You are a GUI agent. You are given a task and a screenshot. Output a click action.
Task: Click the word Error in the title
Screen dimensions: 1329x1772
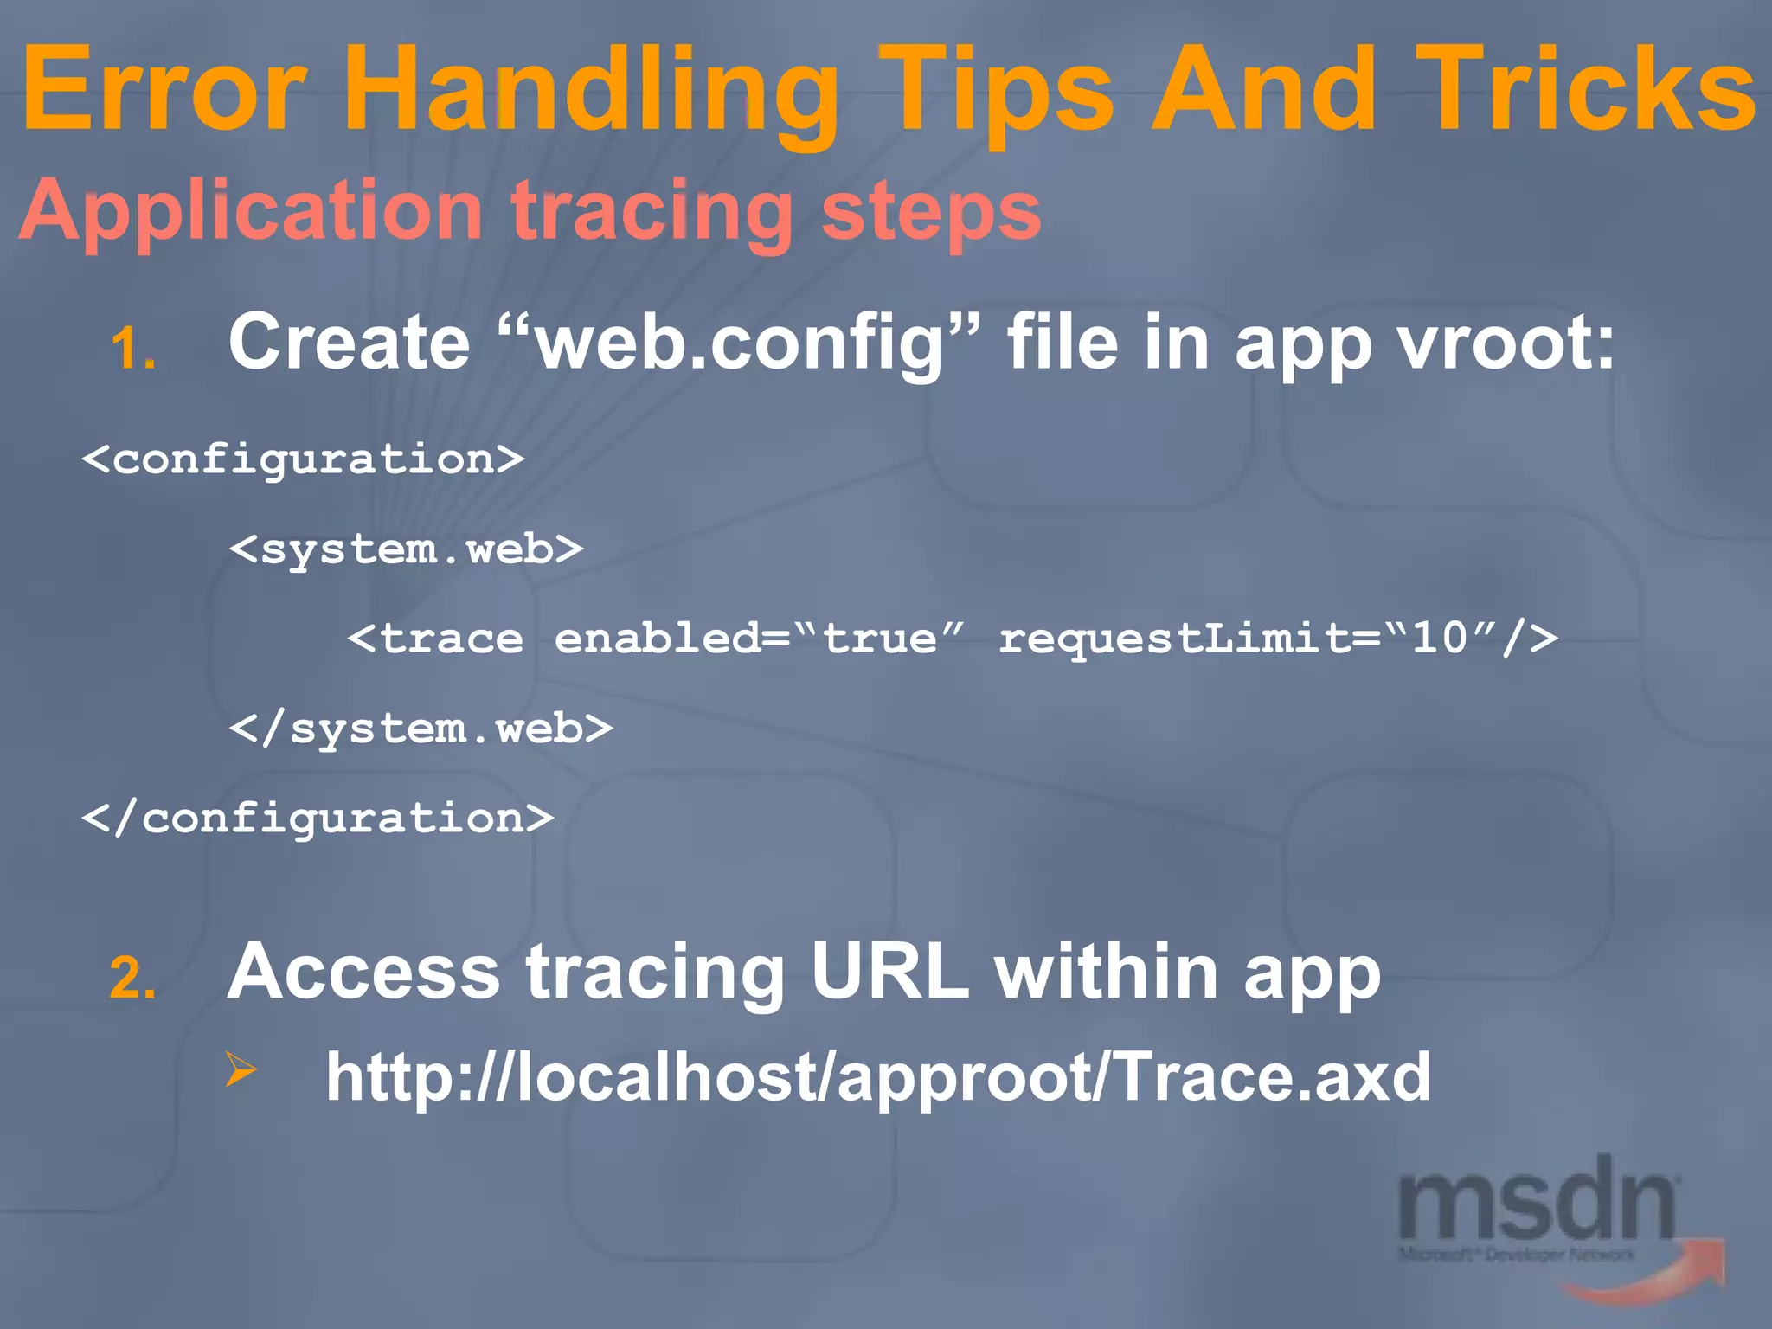coord(164,91)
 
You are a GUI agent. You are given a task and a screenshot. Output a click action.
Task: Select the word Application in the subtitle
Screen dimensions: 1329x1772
coord(251,212)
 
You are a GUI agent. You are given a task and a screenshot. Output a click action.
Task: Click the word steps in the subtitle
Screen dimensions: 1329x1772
coord(930,212)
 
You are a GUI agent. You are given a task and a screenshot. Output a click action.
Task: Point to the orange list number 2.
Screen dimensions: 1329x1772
coord(132,979)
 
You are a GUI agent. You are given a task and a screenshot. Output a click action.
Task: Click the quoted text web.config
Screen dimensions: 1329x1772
coord(740,343)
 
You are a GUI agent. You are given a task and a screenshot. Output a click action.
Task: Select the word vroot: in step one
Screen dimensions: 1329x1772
coord(1506,343)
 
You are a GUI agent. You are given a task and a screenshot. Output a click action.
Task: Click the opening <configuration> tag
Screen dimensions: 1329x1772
coord(303,459)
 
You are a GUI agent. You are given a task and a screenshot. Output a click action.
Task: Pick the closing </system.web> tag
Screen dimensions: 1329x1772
coord(421,729)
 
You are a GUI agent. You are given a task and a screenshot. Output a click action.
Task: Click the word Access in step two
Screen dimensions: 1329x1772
coord(363,973)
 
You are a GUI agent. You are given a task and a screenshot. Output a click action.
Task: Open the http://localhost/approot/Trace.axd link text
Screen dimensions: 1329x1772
coord(877,1078)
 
